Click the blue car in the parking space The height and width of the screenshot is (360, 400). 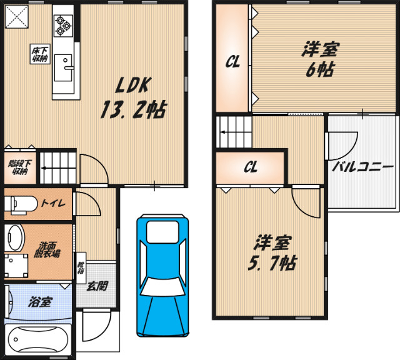pos(163,276)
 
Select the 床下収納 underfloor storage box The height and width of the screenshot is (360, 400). pos(40,54)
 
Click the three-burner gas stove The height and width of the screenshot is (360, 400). pos(63,25)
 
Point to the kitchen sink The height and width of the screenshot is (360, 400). pos(63,67)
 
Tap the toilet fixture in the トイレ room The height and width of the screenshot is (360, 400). pos(21,204)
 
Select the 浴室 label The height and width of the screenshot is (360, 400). pos(40,302)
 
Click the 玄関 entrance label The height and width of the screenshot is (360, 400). pos(97,286)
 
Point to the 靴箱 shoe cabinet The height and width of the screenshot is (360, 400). pos(81,268)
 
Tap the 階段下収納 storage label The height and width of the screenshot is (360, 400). pos(19,167)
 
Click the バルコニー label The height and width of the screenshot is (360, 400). pos(362,167)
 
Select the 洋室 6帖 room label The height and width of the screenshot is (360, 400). pos(320,60)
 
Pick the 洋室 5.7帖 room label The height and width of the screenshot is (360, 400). pos(272,252)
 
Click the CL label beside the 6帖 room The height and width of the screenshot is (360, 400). pos(232,62)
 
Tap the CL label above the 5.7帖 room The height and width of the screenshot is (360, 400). pos(251,167)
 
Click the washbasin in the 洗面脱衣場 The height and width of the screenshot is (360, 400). pos(14,237)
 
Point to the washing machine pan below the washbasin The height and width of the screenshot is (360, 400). pos(16,266)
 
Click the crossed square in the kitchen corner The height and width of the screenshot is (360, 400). pos(17,17)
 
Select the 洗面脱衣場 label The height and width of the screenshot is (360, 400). pos(47,250)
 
